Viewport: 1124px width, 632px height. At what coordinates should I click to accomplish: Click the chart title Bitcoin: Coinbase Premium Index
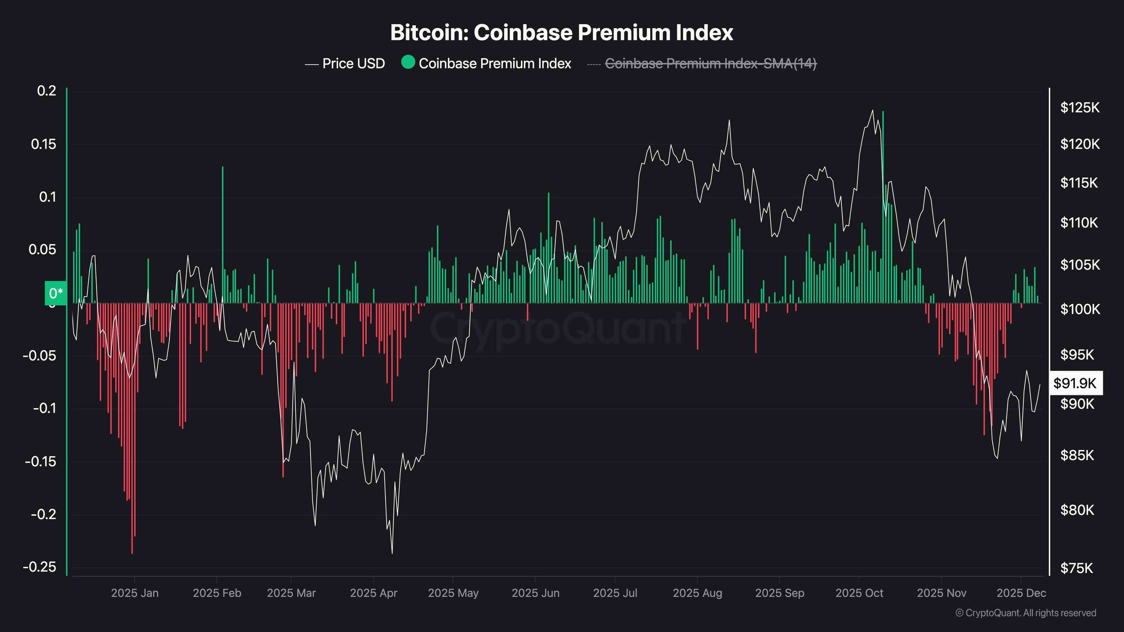[x=562, y=32]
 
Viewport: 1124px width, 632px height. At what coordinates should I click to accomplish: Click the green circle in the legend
[x=408, y=62]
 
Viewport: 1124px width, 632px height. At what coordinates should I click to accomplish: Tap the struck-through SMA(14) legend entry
[x=710, y=64]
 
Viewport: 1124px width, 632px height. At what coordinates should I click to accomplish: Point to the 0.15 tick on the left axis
[x=43, y=144]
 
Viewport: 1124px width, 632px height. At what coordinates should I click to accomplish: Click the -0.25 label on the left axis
[x=40, y=567]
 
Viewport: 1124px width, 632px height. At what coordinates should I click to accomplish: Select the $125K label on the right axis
[x=1080, y=108]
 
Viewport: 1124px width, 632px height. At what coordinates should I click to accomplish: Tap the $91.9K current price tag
[x=1075, y=383]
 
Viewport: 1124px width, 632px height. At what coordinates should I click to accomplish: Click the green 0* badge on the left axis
[x=56, y=293]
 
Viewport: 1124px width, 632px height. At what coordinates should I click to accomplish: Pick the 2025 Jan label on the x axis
[x=134, y=593]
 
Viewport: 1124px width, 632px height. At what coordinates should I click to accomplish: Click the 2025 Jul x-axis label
[x=615, y=593]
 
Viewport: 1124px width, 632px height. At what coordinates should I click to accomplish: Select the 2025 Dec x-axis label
[x=1021, y=593]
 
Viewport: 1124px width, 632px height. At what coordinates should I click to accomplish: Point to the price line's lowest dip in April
[x=392, y=553]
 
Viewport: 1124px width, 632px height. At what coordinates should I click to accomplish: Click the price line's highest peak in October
[x=872, y=111]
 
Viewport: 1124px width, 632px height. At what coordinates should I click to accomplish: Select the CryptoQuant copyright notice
[x=1026, y=613]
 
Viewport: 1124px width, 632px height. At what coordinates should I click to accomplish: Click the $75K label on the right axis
[x=1076, y=568]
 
